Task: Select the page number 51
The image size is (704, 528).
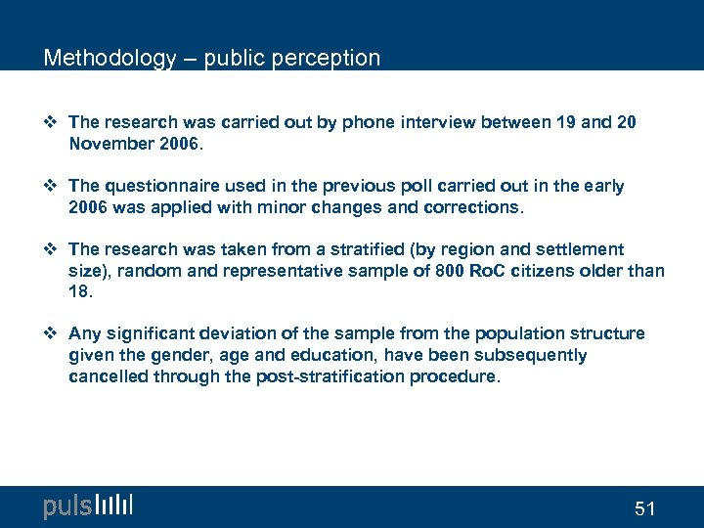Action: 644,508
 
